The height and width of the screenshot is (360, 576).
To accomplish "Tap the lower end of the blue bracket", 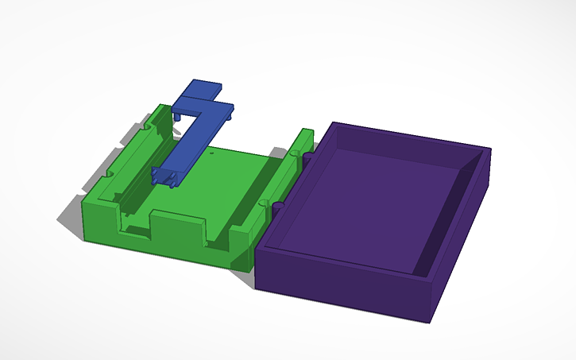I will click(x=165, y=176).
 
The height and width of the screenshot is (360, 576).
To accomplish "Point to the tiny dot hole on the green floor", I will click(x=212, y=152).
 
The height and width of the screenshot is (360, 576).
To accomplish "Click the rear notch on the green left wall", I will click(x=149, y=126).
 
